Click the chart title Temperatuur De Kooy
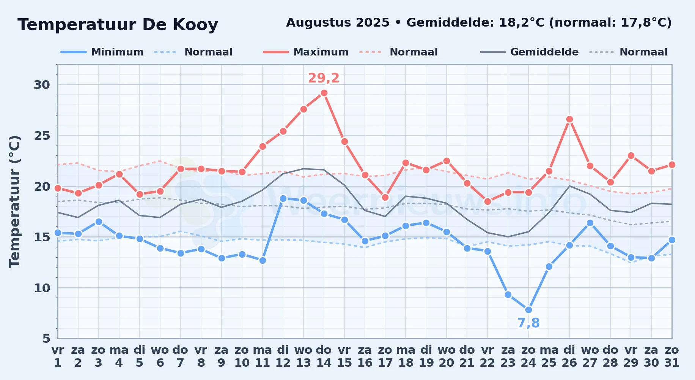click(118, 25)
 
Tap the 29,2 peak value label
click(324, 78)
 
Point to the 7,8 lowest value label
click(528, 323)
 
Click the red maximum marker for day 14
click(324, 93)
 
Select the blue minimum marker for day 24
click(528, 310)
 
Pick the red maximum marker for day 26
click(569, 119)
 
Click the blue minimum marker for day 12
click(283, 198)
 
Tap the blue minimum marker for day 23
click(508, 294)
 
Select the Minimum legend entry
click(102, 52)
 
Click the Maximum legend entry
click(306, 52)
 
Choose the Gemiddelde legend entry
click(529, 52)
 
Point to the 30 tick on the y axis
click(42, 85)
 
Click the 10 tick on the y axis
click(42, 288)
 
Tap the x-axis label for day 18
click(406, 356)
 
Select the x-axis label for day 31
click(672, 356)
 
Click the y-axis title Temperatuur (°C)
click(14, 201)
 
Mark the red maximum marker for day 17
click(385, 197)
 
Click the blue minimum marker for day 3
click(99, 222)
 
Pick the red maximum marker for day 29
click(631, 155)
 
